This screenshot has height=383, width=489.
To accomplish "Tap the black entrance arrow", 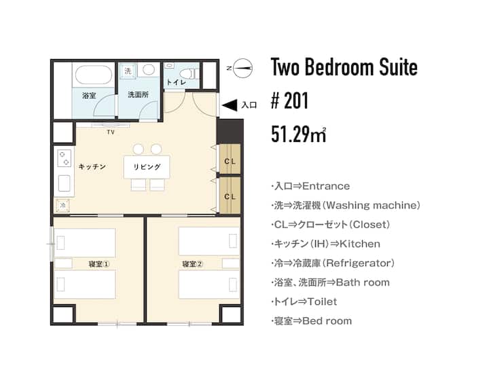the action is (230, 105).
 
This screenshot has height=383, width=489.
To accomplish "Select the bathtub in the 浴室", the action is (94, 75).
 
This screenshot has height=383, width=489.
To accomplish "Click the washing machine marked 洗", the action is (128, 71).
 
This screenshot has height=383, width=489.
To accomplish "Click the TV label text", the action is (111, 132).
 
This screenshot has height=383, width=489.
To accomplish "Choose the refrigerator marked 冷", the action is (62, 205).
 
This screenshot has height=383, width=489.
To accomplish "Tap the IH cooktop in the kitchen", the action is (65, 158).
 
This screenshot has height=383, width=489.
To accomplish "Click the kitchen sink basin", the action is (65, 183).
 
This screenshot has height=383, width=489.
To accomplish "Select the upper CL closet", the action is (230, 159).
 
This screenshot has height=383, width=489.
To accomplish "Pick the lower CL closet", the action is (230, 196).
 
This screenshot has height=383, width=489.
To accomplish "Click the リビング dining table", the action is (147, 167).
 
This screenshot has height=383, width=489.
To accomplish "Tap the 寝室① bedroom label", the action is (99, 264).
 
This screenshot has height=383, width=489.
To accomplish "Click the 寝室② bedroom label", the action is (192, 264).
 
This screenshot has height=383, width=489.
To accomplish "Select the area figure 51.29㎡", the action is (299, 134).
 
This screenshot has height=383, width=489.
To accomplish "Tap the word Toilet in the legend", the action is (322, 302).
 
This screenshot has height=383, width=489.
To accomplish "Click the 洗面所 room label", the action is (139, 94).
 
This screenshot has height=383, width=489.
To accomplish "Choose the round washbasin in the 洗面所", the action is (149, 70).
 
